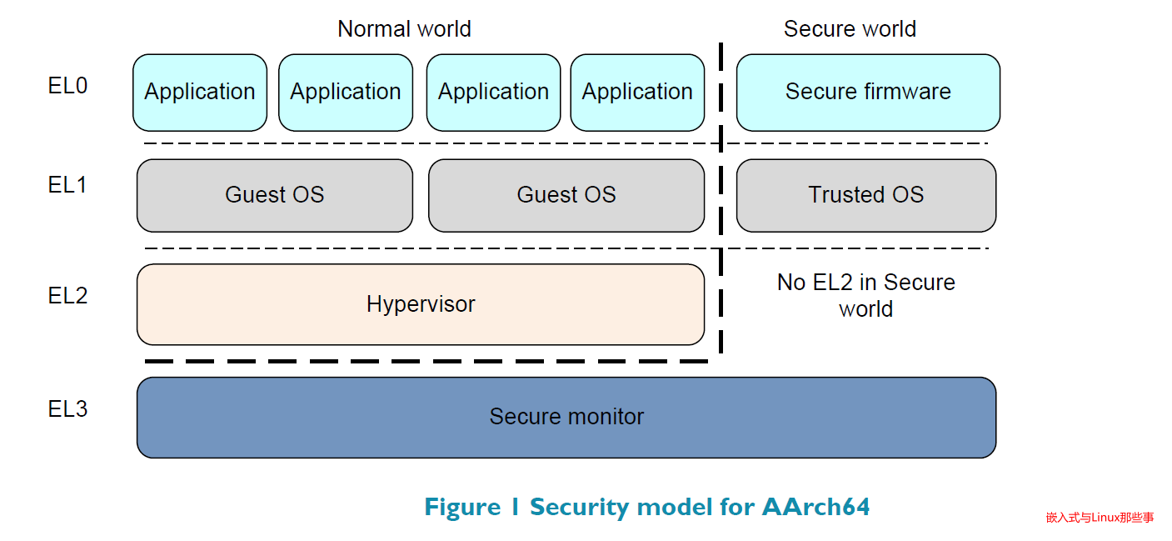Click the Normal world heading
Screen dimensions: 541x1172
pos(404,29)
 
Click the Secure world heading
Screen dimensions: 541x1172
pos(850,29)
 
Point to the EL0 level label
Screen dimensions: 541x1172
pos(67,86)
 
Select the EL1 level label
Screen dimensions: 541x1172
pos(67,185)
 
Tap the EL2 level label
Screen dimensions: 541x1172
pos(67,296)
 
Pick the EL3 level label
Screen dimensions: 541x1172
pos(67,409)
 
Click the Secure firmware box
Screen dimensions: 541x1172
pos(868,93)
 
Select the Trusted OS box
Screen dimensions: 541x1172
pos(866,195)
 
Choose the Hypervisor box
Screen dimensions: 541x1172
pos(421,304)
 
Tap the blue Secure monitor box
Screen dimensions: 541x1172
pos(566,417)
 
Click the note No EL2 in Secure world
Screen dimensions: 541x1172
pos(866,295)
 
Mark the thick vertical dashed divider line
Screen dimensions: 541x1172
pos(721,200)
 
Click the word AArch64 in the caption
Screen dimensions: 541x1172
pos(815,507)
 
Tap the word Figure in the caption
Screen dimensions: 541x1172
pos(459,507)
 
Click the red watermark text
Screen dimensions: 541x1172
pos(1100,518)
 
